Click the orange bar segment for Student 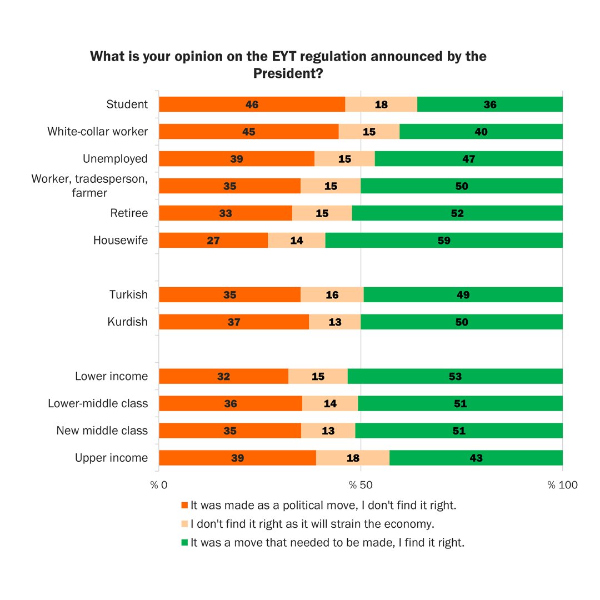pos(252,104)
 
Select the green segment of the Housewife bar pos(444,241)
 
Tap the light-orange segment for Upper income pos(353,458)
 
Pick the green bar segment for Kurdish pos(462,322)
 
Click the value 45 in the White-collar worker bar pos(248,132)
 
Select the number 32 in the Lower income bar pos(224,376)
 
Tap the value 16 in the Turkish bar pos(332,294)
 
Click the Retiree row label pos(129,213)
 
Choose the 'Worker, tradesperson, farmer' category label pos(90,186)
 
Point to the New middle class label pos(102,431)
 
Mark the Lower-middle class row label pos(98,403)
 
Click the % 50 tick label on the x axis pos(361,486)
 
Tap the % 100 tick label pos(562,486)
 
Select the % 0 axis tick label pos(159,486)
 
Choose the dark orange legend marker pos(185,506)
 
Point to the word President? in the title pos(288,73)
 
